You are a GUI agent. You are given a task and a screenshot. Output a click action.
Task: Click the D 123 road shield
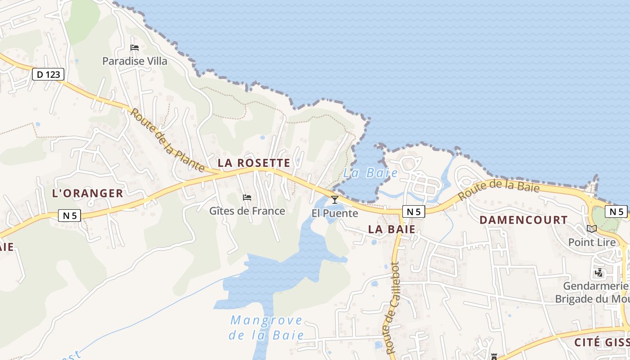tap(48, 74)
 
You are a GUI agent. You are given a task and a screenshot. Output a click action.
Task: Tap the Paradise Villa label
tap(135, 61)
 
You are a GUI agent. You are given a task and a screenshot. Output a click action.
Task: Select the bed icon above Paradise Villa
tap(134, 47)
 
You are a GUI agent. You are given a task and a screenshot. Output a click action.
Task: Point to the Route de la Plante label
tap(167, 139)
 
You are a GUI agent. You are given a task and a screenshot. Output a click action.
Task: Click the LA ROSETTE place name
tap(254, 162)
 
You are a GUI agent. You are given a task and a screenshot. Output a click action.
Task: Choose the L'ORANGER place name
tap(88, 193)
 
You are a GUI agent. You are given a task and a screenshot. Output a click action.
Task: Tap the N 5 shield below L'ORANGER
tap(69, 216)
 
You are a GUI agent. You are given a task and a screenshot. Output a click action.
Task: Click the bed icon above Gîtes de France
tap(247, 197)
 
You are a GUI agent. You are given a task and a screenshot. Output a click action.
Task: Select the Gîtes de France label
tap(247, 211)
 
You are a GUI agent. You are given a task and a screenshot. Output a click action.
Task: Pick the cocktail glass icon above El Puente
tap(335, 199)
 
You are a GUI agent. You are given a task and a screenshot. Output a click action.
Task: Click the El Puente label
tap(335, 213)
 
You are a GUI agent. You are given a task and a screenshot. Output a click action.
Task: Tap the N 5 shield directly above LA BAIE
tap(414, 211)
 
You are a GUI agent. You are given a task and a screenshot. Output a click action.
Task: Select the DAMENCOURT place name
tap(523, 220)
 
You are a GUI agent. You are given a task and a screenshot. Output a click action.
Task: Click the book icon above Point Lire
tap(592, 229)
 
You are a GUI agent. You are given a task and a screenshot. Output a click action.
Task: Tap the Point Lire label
tap(592, 242)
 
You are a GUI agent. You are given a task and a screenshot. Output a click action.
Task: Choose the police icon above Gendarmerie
tap(599, 273)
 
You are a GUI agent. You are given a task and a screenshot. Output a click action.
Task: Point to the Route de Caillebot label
tap(391, 308)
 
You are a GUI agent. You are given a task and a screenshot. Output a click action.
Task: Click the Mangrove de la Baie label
tap(266, 328)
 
